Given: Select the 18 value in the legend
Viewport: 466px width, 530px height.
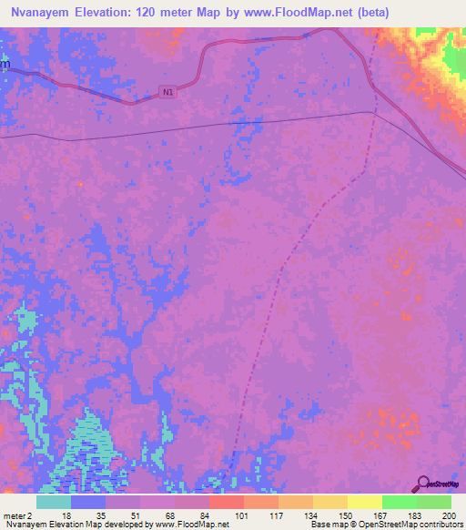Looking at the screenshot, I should click(x=66, y=515).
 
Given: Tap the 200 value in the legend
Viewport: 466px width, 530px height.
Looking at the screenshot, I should click(x=446, y=515).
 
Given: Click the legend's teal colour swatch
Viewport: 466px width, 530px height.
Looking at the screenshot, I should click(x=53, y=502).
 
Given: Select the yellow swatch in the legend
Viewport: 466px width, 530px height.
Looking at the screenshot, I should click(x=364, y=502).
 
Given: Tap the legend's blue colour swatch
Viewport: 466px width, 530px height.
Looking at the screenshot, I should click(x=87, y=502).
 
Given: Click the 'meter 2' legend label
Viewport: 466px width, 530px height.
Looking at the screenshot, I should click(x=17, y=515).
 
